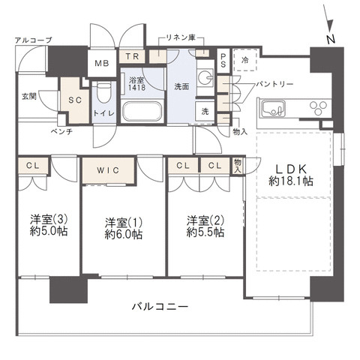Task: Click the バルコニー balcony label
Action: pos(159,307)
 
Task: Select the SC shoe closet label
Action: pos(74,99)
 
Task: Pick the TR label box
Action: pos(133,56)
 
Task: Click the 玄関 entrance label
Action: pos(28,96)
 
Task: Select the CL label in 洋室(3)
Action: pos(32,166)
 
